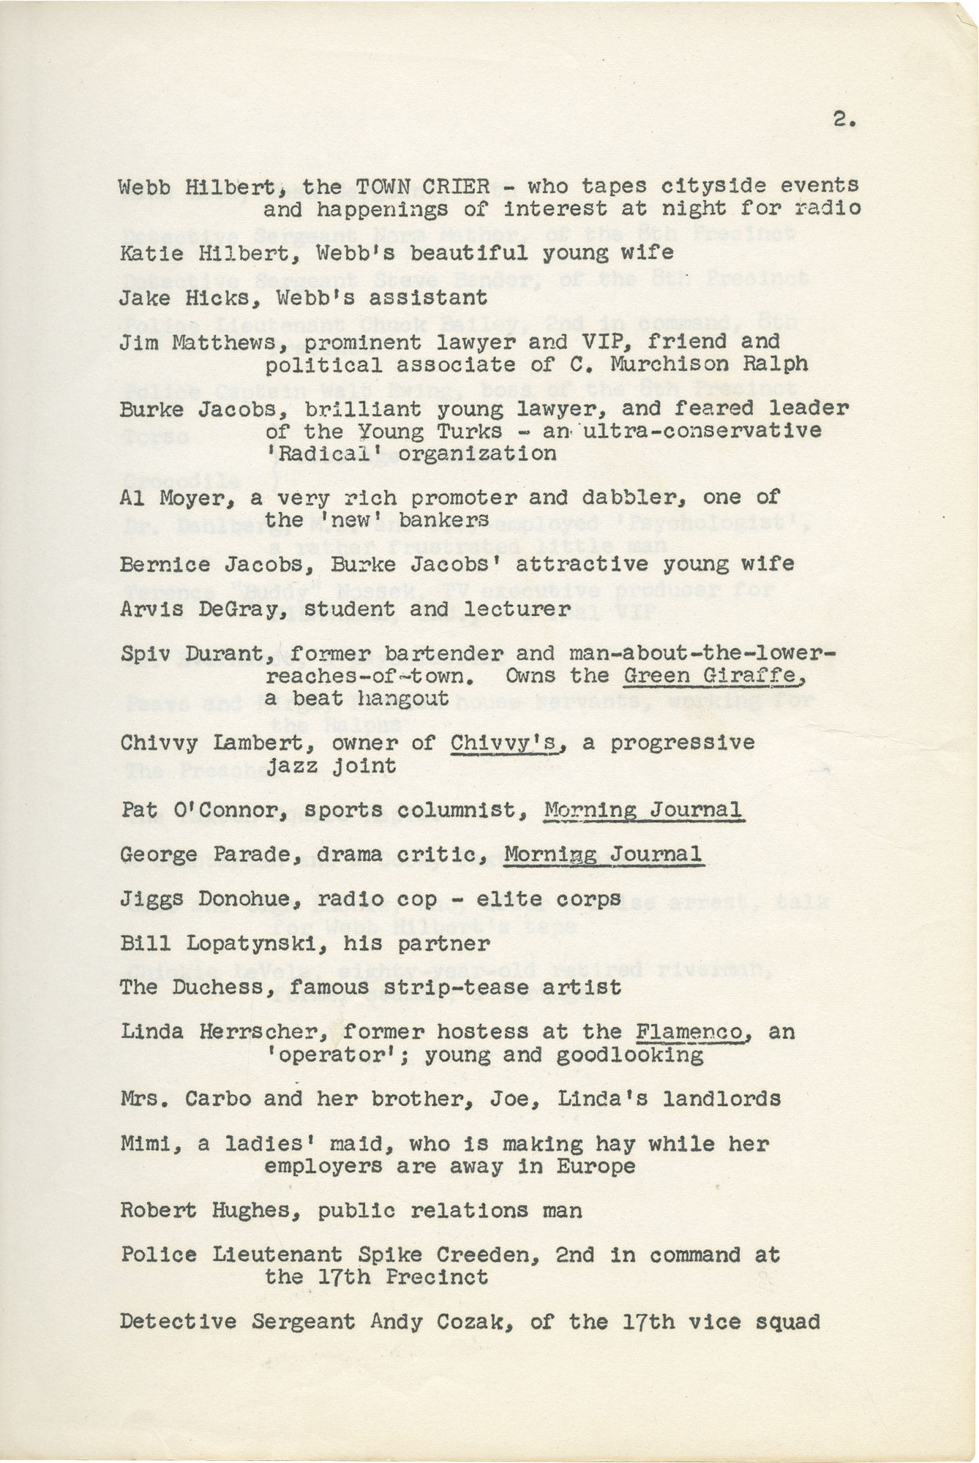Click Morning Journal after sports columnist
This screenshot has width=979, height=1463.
[644, 811]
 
